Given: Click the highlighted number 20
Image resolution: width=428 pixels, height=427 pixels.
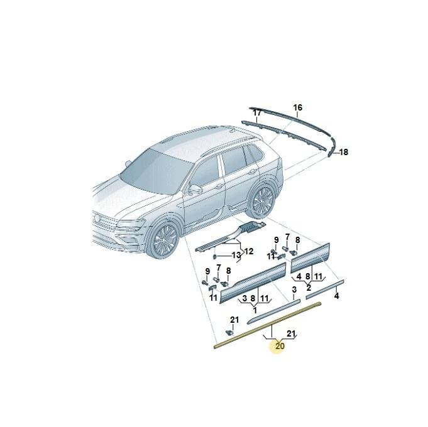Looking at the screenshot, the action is pyautogui.click(x=280, y=346).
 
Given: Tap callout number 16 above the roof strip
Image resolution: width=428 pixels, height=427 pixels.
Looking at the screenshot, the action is pyautogui.click(x=298, y=107).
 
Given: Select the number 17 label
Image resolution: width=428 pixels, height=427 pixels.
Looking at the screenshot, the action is pyautogui.click(x=257, y=112).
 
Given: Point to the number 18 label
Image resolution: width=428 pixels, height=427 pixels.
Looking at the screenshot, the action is pyautogui.click(x=343, y=152).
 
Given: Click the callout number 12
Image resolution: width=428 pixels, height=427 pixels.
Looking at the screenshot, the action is pyautogui.click(x=248, y=251).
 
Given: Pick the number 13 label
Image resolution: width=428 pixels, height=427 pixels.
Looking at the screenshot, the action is pyautogui.click(x=236, y=255).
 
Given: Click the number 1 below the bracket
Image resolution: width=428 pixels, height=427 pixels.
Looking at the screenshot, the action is pyautogui.click(x=255, y=310).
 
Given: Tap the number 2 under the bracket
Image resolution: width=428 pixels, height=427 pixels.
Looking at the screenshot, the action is pyautogui.click(x=309, y=288).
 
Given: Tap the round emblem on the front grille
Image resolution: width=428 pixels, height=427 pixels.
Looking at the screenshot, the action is pyautogui.click(x=97, y=218).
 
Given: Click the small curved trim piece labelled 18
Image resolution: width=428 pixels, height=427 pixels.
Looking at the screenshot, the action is pyautogui.click(x=331, y=147).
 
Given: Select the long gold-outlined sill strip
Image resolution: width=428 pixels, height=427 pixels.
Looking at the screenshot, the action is pyautogui.click(x=268, y=325).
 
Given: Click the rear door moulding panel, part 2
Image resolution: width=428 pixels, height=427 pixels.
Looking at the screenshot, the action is pyautogui.click(x=310, y=257).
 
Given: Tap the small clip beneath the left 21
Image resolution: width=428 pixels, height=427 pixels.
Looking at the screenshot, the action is pyautogui.click(x=230, y=332).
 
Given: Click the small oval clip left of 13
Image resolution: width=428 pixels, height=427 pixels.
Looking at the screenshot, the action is pyautogui.click(x=215, y=257).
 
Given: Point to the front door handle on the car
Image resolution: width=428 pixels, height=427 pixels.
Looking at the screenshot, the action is pyautogui.click(x=218, y=186).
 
